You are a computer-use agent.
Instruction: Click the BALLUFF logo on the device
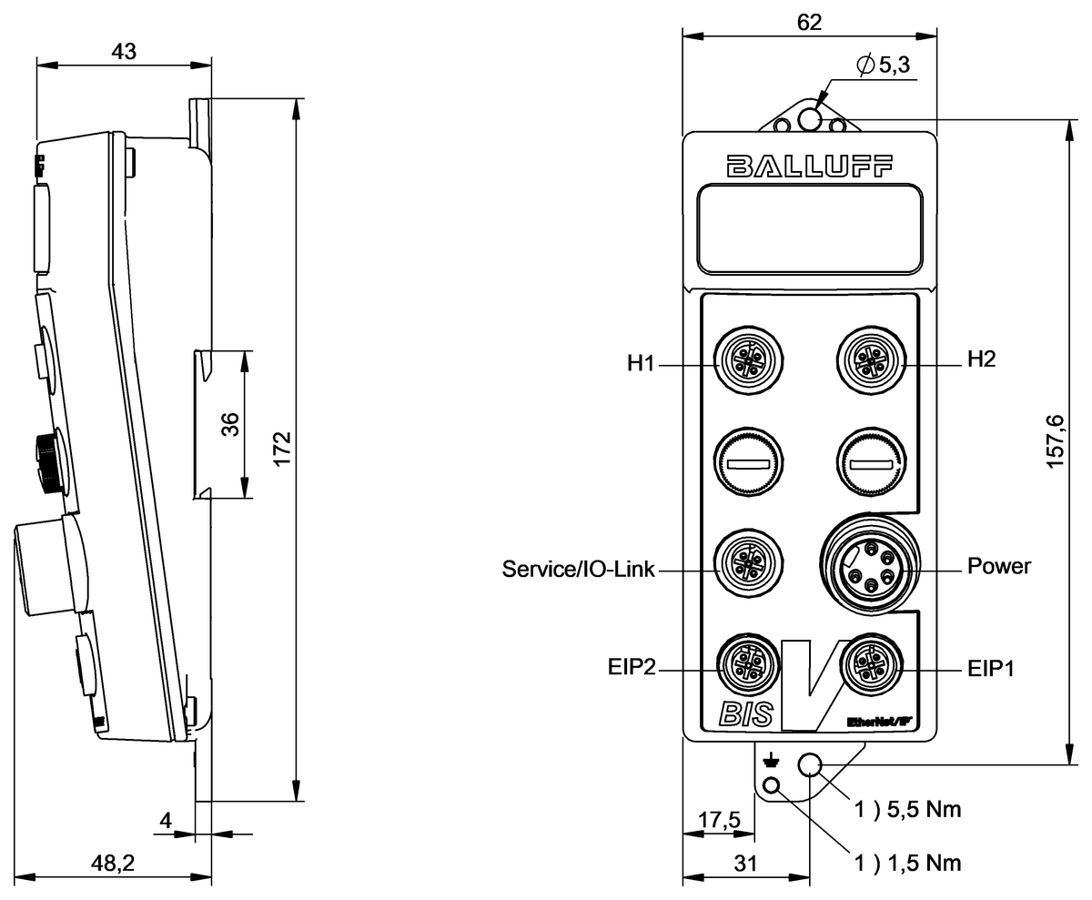coord(809,166)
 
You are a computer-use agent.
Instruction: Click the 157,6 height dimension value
coord(1055,441)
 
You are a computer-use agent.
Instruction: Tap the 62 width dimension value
coord(808,23)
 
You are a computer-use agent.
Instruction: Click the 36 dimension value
coord(230,425)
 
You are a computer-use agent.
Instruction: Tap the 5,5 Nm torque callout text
coord(907,808)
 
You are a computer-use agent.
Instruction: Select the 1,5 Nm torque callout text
coord(907,861)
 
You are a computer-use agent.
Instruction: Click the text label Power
coord(999,566)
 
